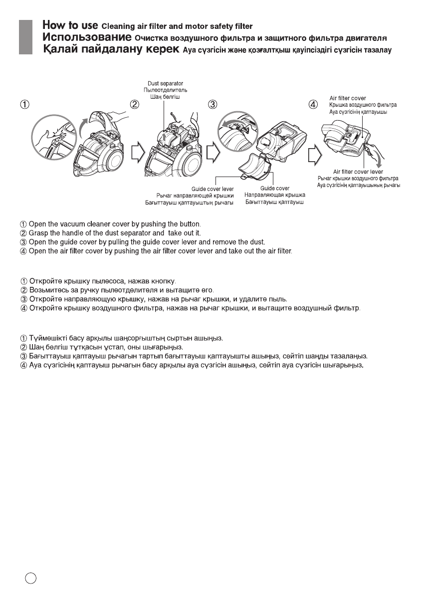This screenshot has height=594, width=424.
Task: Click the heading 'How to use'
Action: (70, 25)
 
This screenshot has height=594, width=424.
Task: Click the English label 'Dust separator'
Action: (165, 83)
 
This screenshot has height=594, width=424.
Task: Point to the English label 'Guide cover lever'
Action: (212, 189)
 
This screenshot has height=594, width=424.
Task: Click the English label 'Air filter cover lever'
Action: (358, 172)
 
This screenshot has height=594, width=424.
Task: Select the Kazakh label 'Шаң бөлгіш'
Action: (165, 96)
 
